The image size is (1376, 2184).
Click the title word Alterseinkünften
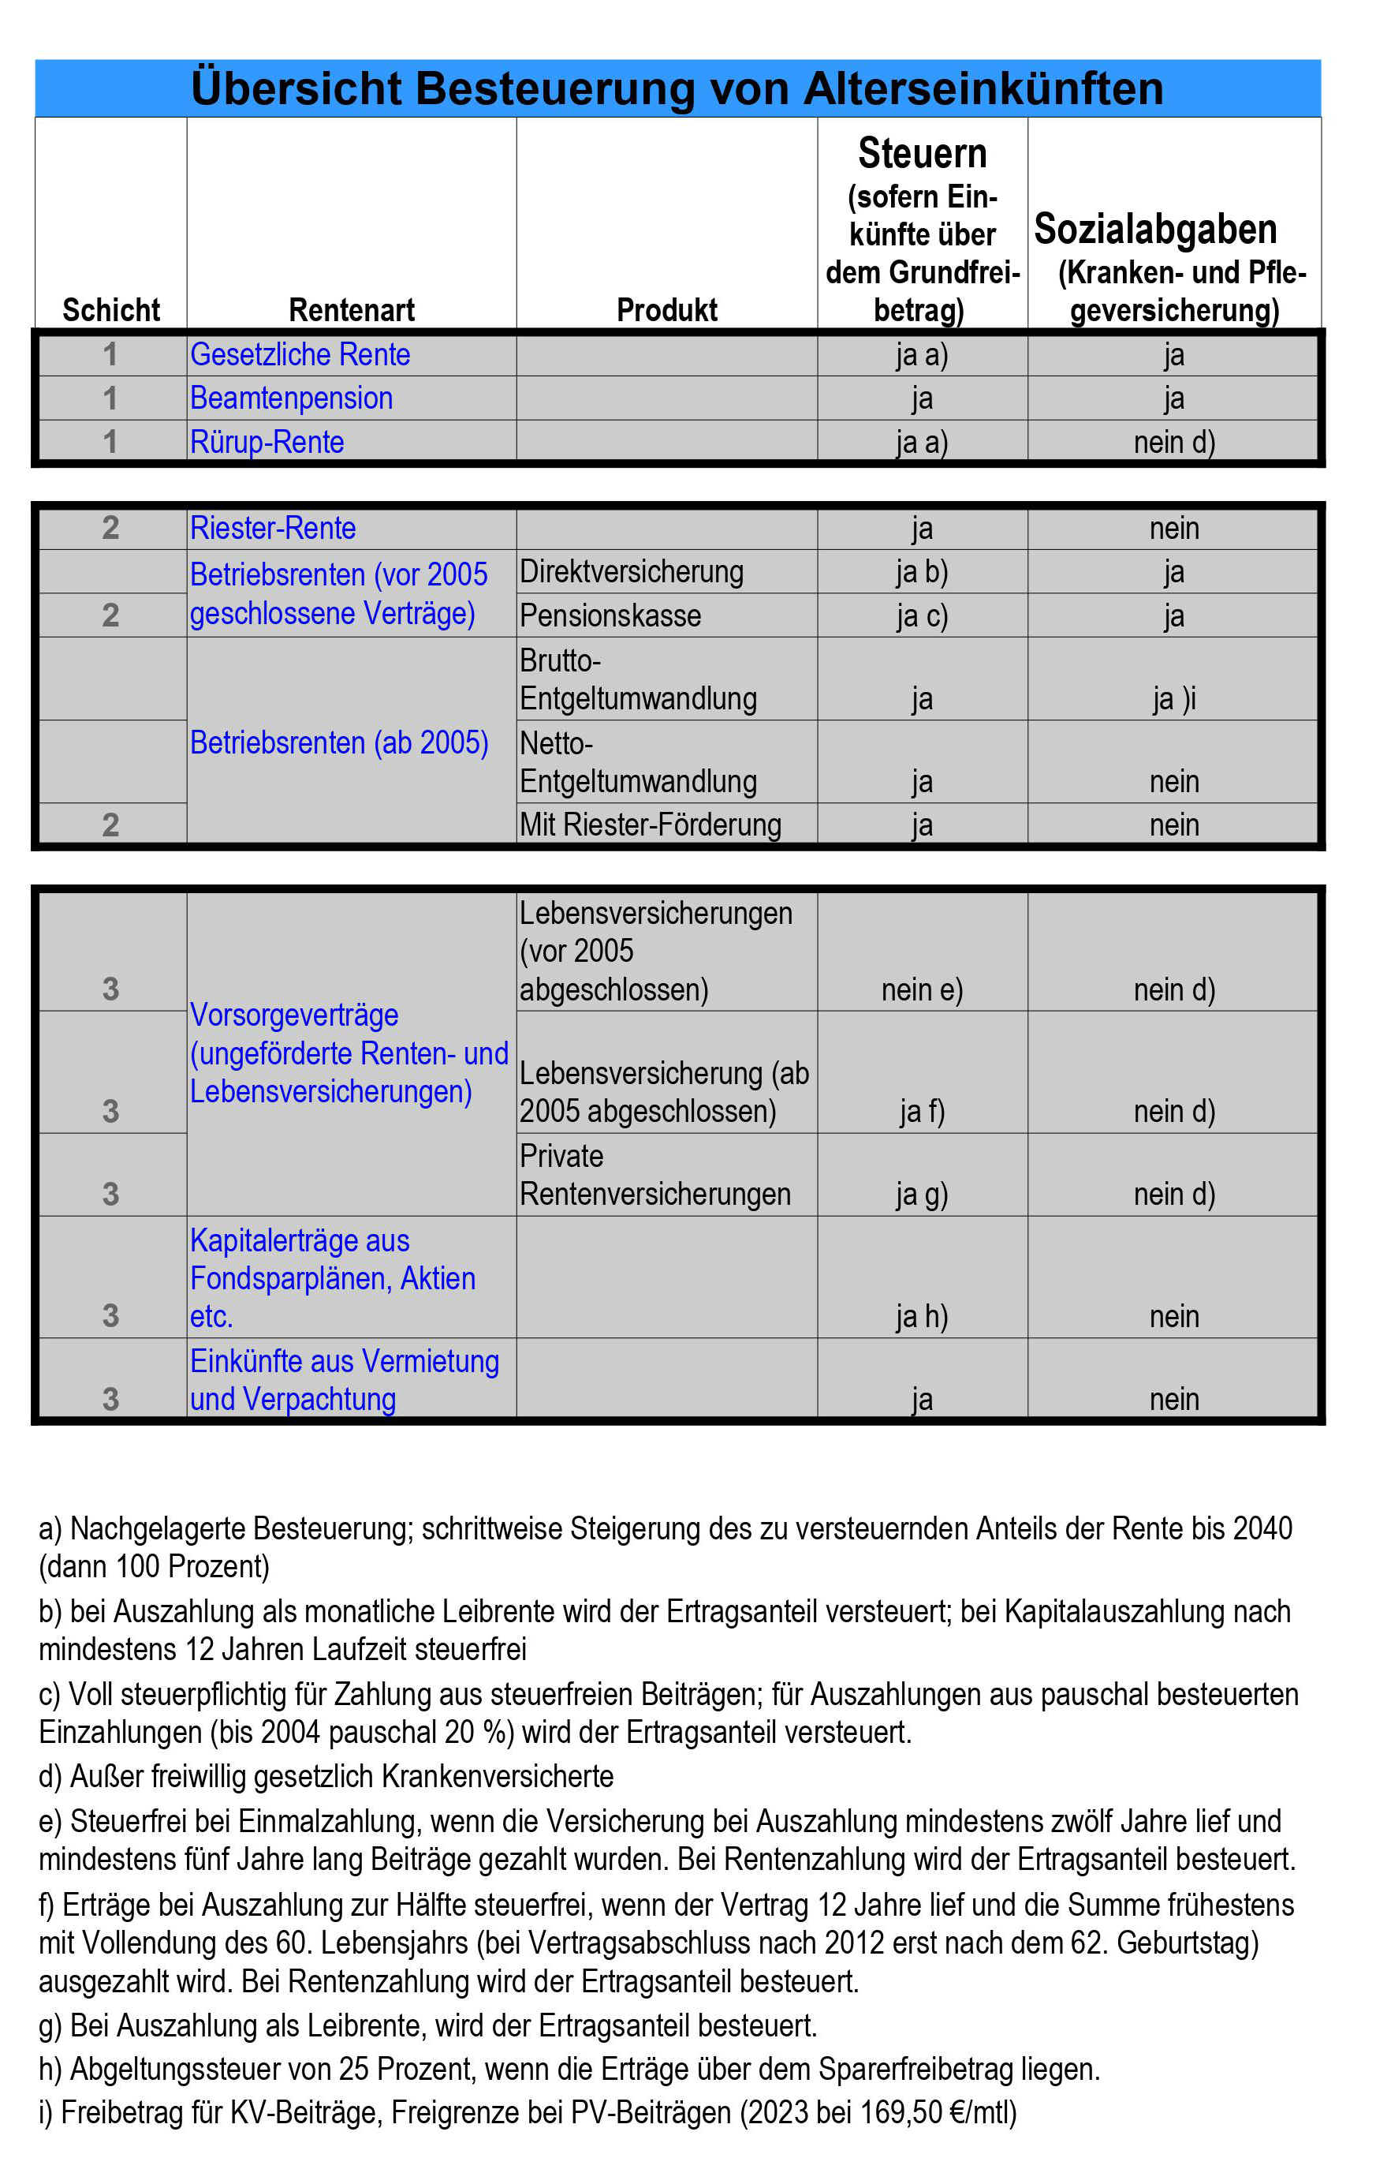click(983, 89)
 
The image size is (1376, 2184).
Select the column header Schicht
click(110, 310)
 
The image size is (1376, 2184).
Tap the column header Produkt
click(666, 310)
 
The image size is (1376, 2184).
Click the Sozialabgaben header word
click(1155, 229)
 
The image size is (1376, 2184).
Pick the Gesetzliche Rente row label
click(299, 354)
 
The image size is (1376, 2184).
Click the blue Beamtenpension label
click(291, 398)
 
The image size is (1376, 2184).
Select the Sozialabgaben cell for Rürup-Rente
click(1174, 442)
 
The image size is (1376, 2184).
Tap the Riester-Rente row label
click(272, 528)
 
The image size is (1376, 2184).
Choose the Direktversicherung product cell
click(631, 571)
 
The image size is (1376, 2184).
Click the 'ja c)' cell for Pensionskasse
click(922, 616)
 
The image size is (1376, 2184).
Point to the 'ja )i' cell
click(1174, 698)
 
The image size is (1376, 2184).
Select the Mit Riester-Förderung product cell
click(650, 825)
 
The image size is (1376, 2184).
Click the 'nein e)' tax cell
click(922, 989)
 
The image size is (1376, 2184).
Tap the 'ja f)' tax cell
click(922, 1111)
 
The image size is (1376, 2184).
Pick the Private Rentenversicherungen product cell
click(654, 1176)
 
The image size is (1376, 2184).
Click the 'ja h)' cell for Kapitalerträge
click(922, 1316)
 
